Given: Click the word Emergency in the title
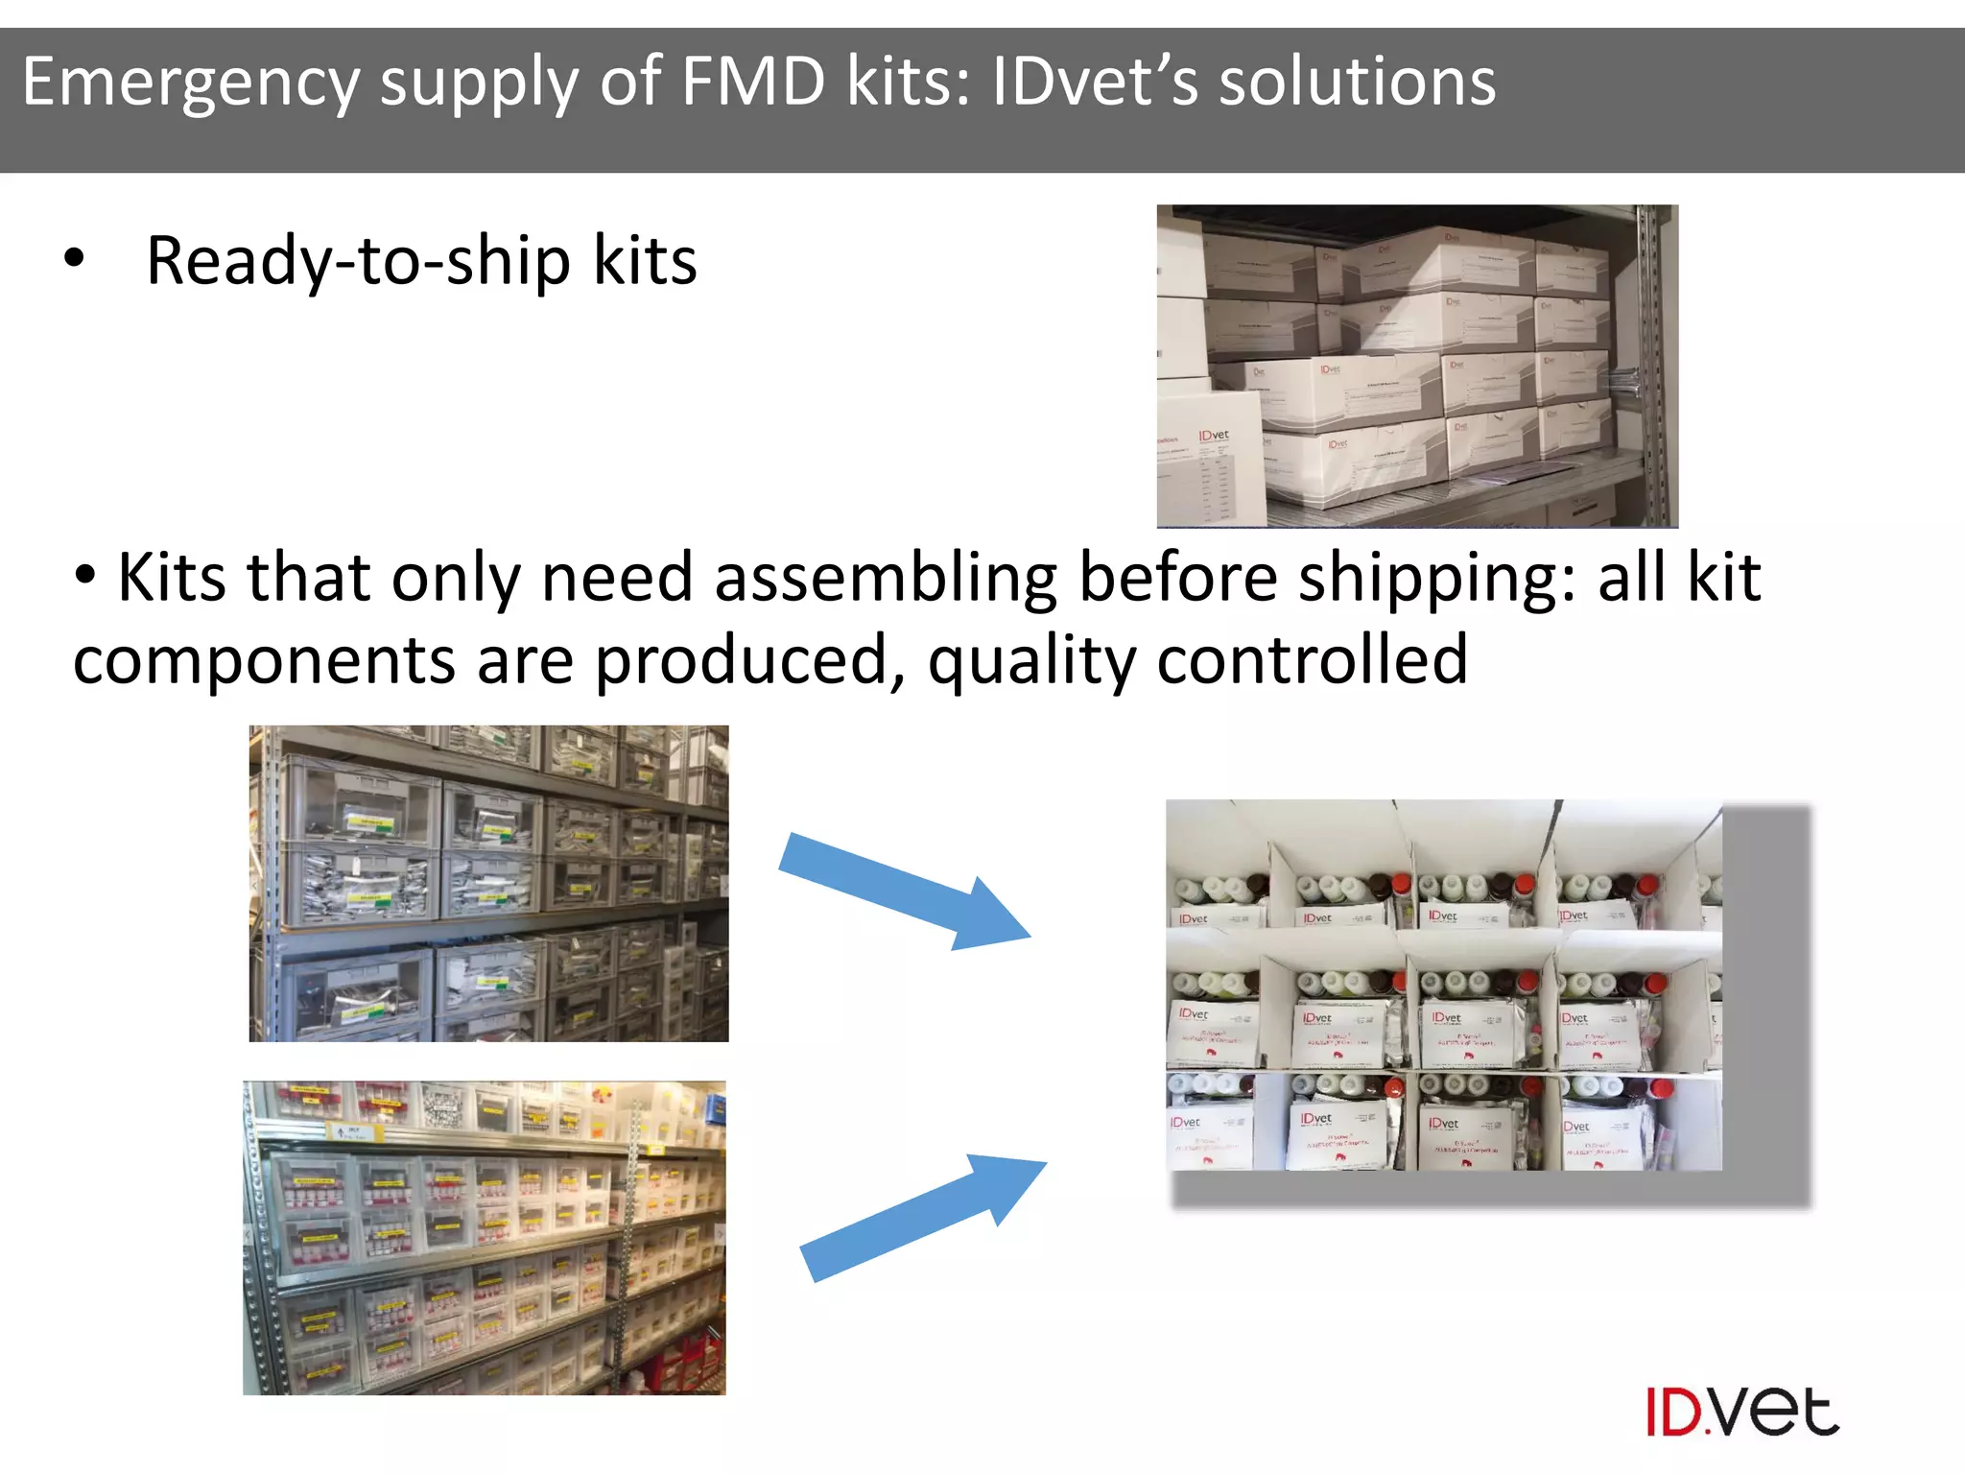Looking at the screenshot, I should click(191, 83).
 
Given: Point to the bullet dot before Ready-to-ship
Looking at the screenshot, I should click(74, 258).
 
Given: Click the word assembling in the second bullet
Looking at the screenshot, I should click(885, 579).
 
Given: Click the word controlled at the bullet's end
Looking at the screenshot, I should click(1312, 660).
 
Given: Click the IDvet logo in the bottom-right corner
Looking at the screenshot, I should click(1741, 1412).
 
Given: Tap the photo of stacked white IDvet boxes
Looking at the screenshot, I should click(1416, 366).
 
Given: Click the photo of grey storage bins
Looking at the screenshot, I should click(488, 883).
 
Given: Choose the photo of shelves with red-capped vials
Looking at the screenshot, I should click(485, 1238).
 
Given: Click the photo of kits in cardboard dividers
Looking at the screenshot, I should click(1443, 985).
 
